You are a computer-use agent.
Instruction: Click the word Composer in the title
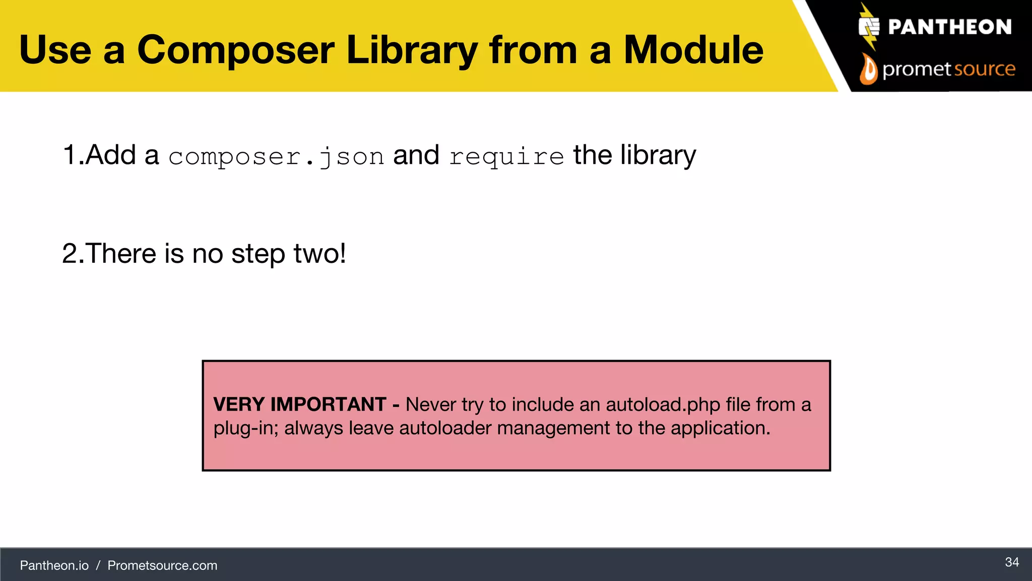tap(236, 50)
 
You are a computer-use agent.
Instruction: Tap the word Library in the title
tap(412, 50)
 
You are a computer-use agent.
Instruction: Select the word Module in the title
tap(693, 50)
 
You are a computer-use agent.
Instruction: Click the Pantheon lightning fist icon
tap(869, 27)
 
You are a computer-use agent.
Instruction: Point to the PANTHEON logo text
tap(949, 27)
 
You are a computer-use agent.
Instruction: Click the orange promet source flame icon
tap(868, 70)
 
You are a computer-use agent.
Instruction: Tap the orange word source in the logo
tap(985, 69)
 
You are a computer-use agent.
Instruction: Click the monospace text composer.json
tap(276, 156)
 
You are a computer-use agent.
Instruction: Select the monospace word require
tap(506, 156)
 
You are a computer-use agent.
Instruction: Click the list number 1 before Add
tap(70, 155)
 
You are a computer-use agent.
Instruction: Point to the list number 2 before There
tap(71, 253)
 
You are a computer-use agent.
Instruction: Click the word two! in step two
tap(320, 253)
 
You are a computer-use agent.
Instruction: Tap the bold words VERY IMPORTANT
tap(300, 404)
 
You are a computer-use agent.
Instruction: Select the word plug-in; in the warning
tap(245, 428)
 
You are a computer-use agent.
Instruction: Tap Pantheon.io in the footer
tap(54, 565)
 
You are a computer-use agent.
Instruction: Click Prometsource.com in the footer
tap(162, 565)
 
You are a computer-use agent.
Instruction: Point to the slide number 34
tap(1012, 562)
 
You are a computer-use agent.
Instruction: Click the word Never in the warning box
tap(431, 404)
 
